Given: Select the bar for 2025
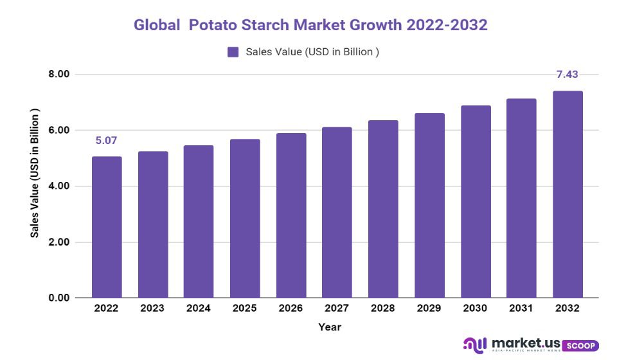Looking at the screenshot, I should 245,219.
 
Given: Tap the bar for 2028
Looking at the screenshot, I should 383,209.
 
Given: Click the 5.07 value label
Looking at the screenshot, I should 106,141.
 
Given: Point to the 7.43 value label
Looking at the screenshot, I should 567,75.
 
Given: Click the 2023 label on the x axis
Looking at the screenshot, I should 152,309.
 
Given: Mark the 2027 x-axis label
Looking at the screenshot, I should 337,309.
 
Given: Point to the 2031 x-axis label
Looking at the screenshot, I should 521,309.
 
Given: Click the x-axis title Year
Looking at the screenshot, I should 330,327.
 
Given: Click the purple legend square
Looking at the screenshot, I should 233,52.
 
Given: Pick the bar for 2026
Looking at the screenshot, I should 291,215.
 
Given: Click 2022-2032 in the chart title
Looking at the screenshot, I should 446,25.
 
